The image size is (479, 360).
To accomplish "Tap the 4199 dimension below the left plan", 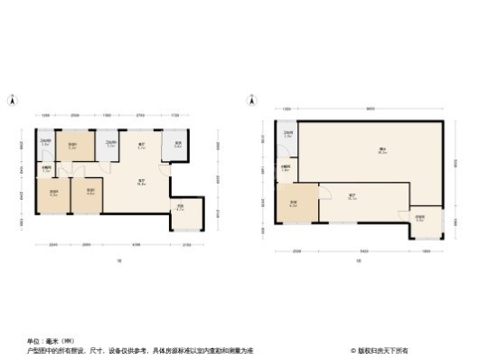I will tap(135, 245).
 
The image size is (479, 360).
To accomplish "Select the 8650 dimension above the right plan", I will tap(371, 110).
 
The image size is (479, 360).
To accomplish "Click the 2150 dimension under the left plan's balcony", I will tap(187, 245).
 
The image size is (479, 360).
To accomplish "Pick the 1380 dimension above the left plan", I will tap(108, 116).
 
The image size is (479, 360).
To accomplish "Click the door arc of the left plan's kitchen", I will tap(164, 168).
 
